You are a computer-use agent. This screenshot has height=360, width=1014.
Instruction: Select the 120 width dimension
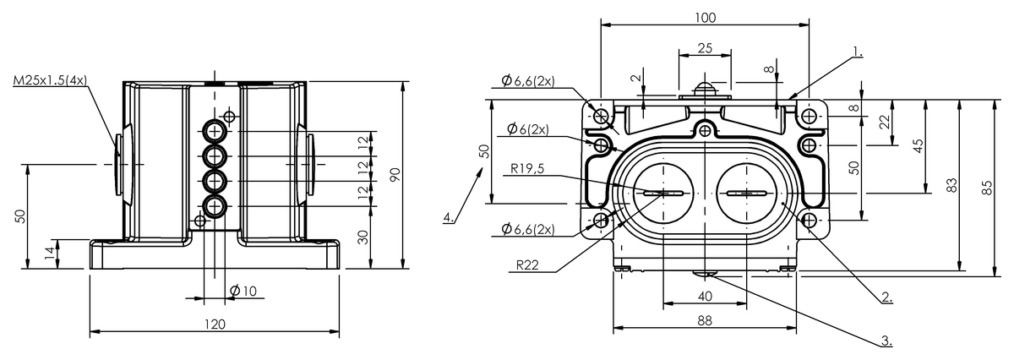point(215,324)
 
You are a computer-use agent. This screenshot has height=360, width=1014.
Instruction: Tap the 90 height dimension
point(394,174)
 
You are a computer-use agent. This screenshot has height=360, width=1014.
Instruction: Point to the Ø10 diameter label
point(243,292)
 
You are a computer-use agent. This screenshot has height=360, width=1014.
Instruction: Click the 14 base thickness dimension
point(50,252)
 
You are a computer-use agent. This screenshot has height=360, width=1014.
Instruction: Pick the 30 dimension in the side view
point(363,237)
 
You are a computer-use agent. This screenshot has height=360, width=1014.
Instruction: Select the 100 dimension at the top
point(706,17)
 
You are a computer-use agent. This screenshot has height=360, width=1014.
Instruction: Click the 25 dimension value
point(704,49)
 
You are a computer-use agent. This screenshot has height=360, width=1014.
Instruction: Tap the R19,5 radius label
point(528,168)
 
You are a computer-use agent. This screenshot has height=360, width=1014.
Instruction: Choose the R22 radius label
point(529,265)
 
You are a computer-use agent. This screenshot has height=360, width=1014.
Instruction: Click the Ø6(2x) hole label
point(527,129)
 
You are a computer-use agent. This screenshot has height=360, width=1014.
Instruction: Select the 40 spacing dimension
point(705,296)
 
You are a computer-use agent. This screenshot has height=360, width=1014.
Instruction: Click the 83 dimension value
point(951,186)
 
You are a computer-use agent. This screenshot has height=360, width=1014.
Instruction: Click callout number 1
point(858,52)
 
